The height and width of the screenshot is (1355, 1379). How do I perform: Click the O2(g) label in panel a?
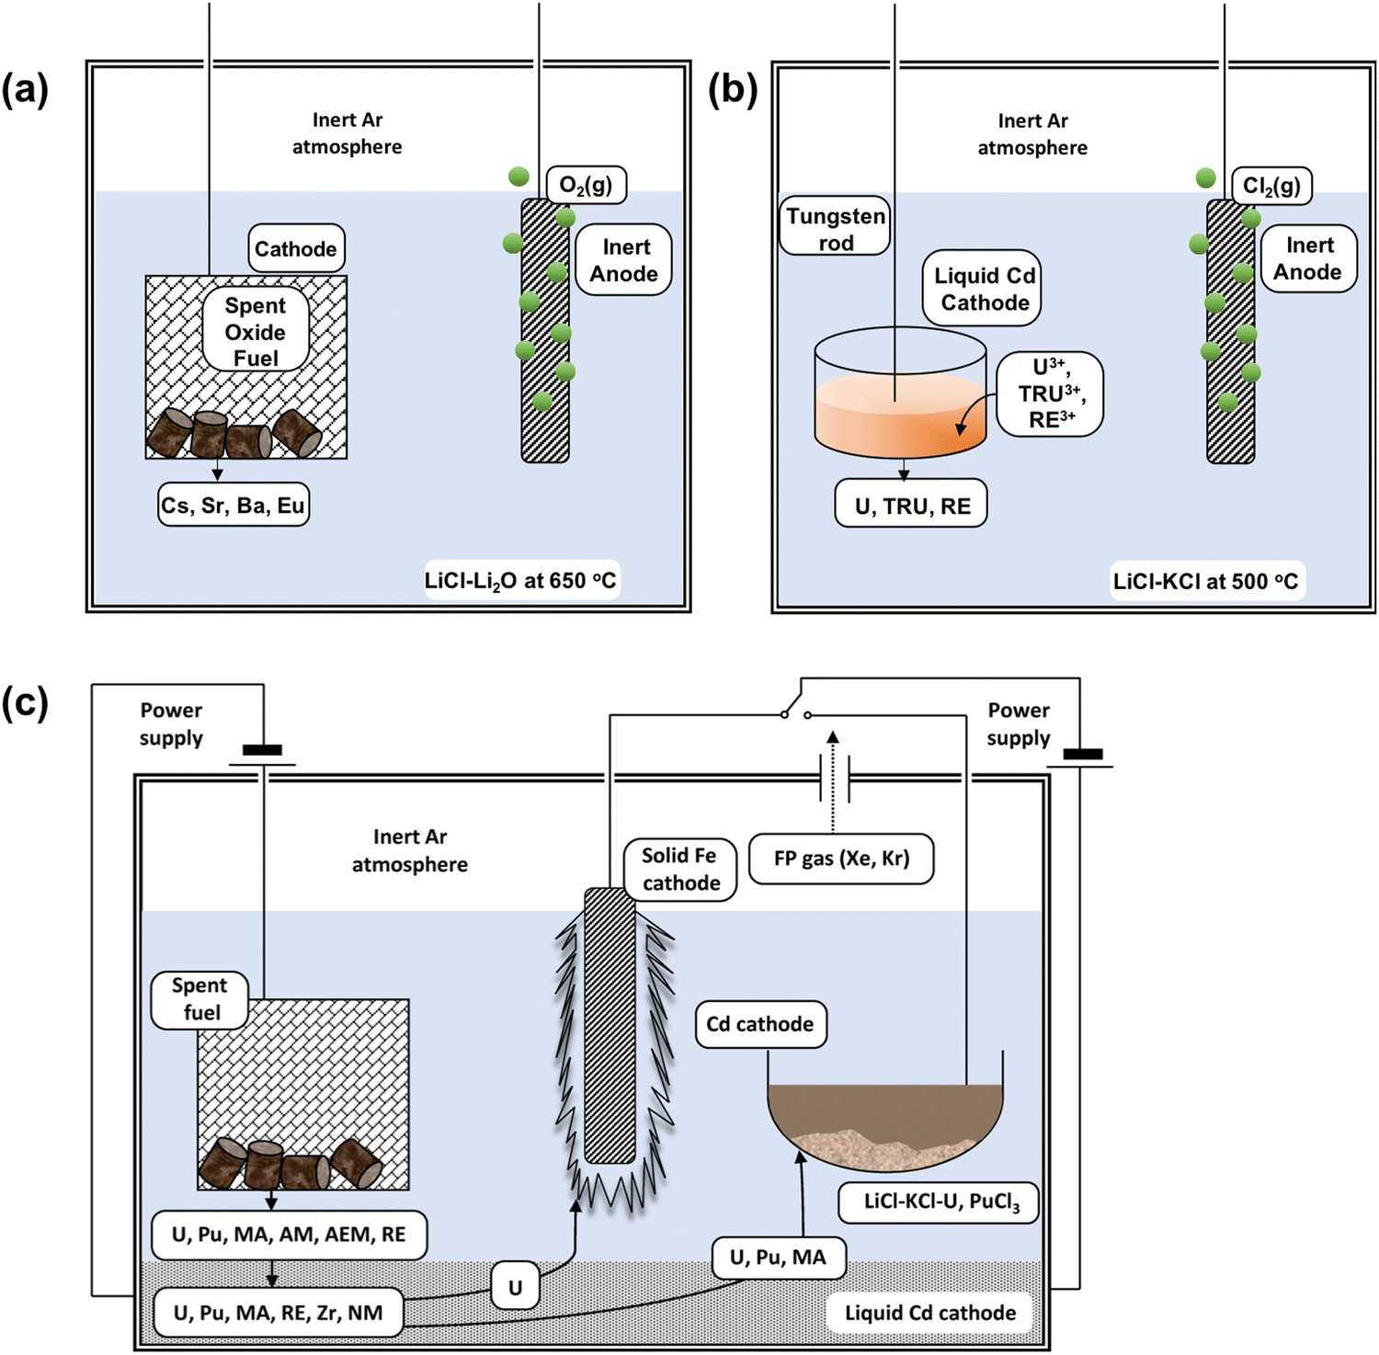click(587, 185)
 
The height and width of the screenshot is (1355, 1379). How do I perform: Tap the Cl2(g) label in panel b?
click(1271, 186)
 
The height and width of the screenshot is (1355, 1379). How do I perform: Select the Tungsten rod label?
click(835, 228)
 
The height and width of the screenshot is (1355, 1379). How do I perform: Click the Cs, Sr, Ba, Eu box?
click(234, 505)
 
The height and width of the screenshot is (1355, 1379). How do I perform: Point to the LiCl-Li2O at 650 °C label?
click(520, 580)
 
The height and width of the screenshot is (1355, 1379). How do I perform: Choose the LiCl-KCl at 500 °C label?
click(1206, 581)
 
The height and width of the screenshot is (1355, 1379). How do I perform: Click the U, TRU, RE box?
click(911, 506)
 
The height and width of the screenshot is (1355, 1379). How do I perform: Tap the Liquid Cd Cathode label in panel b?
click(984, 289)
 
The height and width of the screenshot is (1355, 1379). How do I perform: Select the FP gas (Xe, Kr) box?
click(841, 859)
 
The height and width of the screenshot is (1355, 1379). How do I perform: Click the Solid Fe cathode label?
click(680, 869)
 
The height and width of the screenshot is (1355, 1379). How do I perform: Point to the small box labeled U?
click(515, 1288)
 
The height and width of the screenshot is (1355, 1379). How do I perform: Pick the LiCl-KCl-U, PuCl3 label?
click(939, 1202)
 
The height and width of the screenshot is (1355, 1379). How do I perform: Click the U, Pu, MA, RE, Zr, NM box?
click(278, 1313)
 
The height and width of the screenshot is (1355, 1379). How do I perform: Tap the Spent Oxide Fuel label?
click(256, 331)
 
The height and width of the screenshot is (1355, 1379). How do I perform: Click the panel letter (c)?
click(25, 703)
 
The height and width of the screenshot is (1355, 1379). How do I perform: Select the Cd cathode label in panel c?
click(759, 1024)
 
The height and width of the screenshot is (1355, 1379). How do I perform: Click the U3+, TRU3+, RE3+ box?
click(1050, 393)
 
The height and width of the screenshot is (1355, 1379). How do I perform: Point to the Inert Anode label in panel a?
click(624, 260)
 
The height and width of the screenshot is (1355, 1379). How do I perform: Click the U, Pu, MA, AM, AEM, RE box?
click(289, 1235)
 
